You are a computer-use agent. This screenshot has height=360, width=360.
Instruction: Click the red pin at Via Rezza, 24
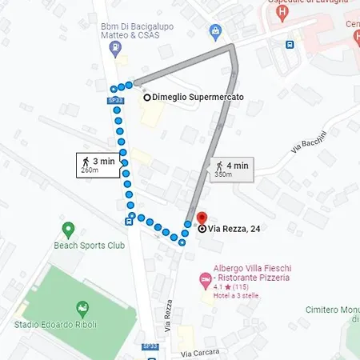click(201, 218)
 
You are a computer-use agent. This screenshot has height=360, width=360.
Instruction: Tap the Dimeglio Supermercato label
click(198, 98)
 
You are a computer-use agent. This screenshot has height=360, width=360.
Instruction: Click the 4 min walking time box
click(232, 170)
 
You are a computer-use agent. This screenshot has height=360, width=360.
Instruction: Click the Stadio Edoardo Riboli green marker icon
click(81, 307)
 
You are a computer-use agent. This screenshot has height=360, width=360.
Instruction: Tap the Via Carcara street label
click(200, 352)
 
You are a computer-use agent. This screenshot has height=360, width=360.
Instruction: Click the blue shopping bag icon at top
click(214, 31)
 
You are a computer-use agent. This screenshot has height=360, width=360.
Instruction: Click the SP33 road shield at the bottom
click(150, 346)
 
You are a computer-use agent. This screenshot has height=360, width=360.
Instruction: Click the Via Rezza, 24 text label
click(234, 229)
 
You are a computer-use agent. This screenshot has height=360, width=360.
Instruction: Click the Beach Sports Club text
click(90, 245)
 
